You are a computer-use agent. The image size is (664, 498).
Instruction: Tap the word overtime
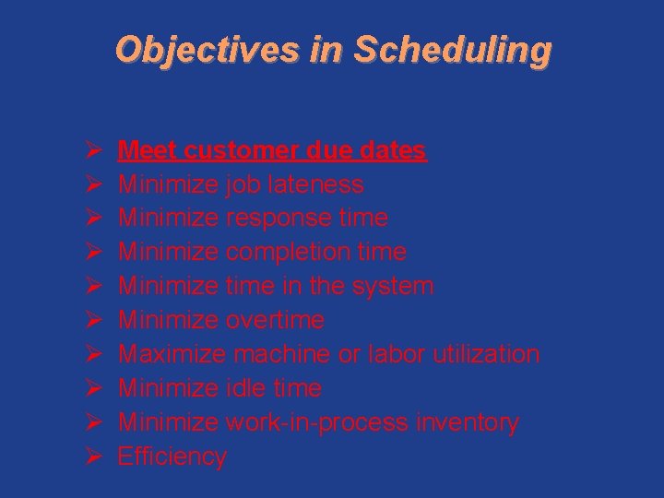pos(275,320)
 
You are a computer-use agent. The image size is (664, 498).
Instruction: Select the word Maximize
pos(172,354)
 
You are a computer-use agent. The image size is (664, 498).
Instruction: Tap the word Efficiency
pos(172,456)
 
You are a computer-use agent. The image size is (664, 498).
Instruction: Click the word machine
pos(281,354)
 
